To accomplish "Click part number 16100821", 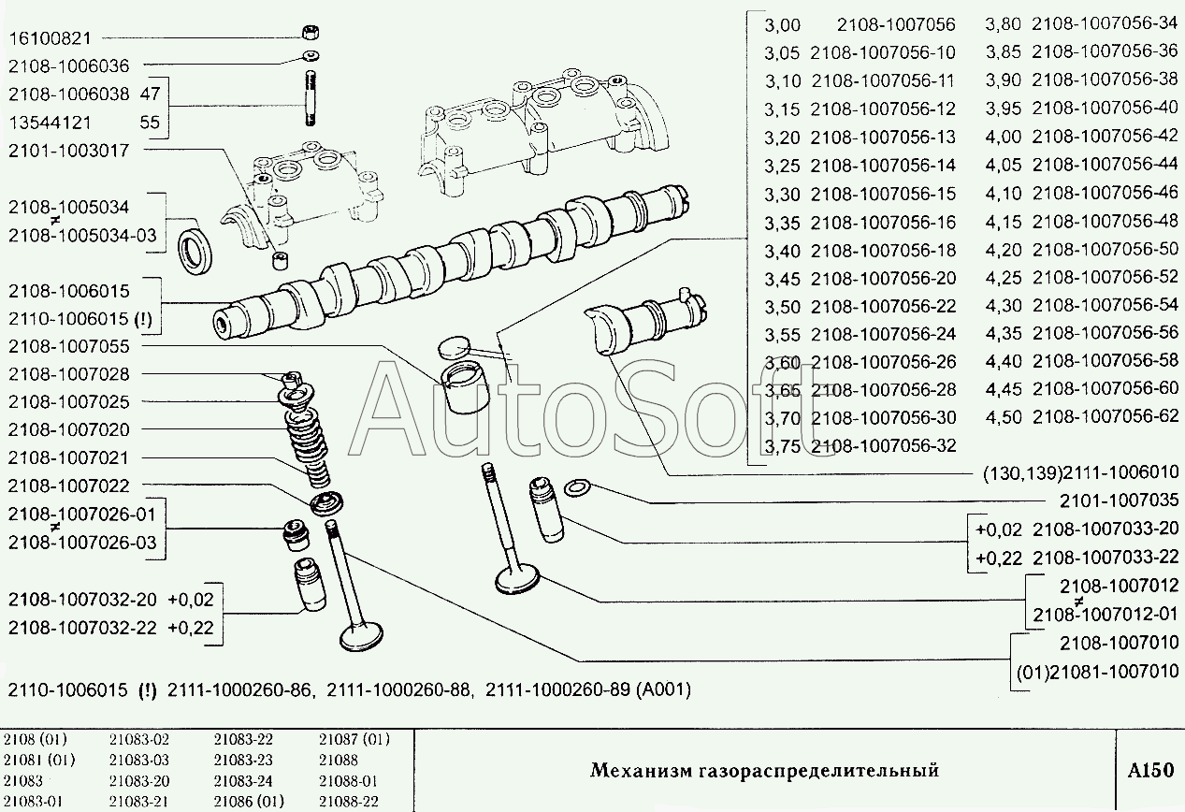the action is (x=51, y=38).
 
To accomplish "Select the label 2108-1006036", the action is (x=69, y=66).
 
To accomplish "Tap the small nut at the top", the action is (x=311, y=32).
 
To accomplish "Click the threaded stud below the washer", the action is (x=311, y=99).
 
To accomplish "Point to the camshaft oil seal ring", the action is (x=195, y=248).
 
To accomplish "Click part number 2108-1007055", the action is (x=69, y=346).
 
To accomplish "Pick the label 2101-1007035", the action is (x=1119, y=500).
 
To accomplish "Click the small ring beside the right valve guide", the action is (x=578, y=487).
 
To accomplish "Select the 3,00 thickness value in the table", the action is (x=783, y=25).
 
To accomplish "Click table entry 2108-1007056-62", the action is (x=1106, y=415).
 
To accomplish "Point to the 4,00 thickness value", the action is (x=1003, y=137).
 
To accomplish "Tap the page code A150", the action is (x=1150, y=770).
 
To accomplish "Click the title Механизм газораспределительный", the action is (x=764, y=770).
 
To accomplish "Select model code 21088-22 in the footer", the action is (x=349, y=802).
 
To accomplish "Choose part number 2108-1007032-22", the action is (x=82, y=628).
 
